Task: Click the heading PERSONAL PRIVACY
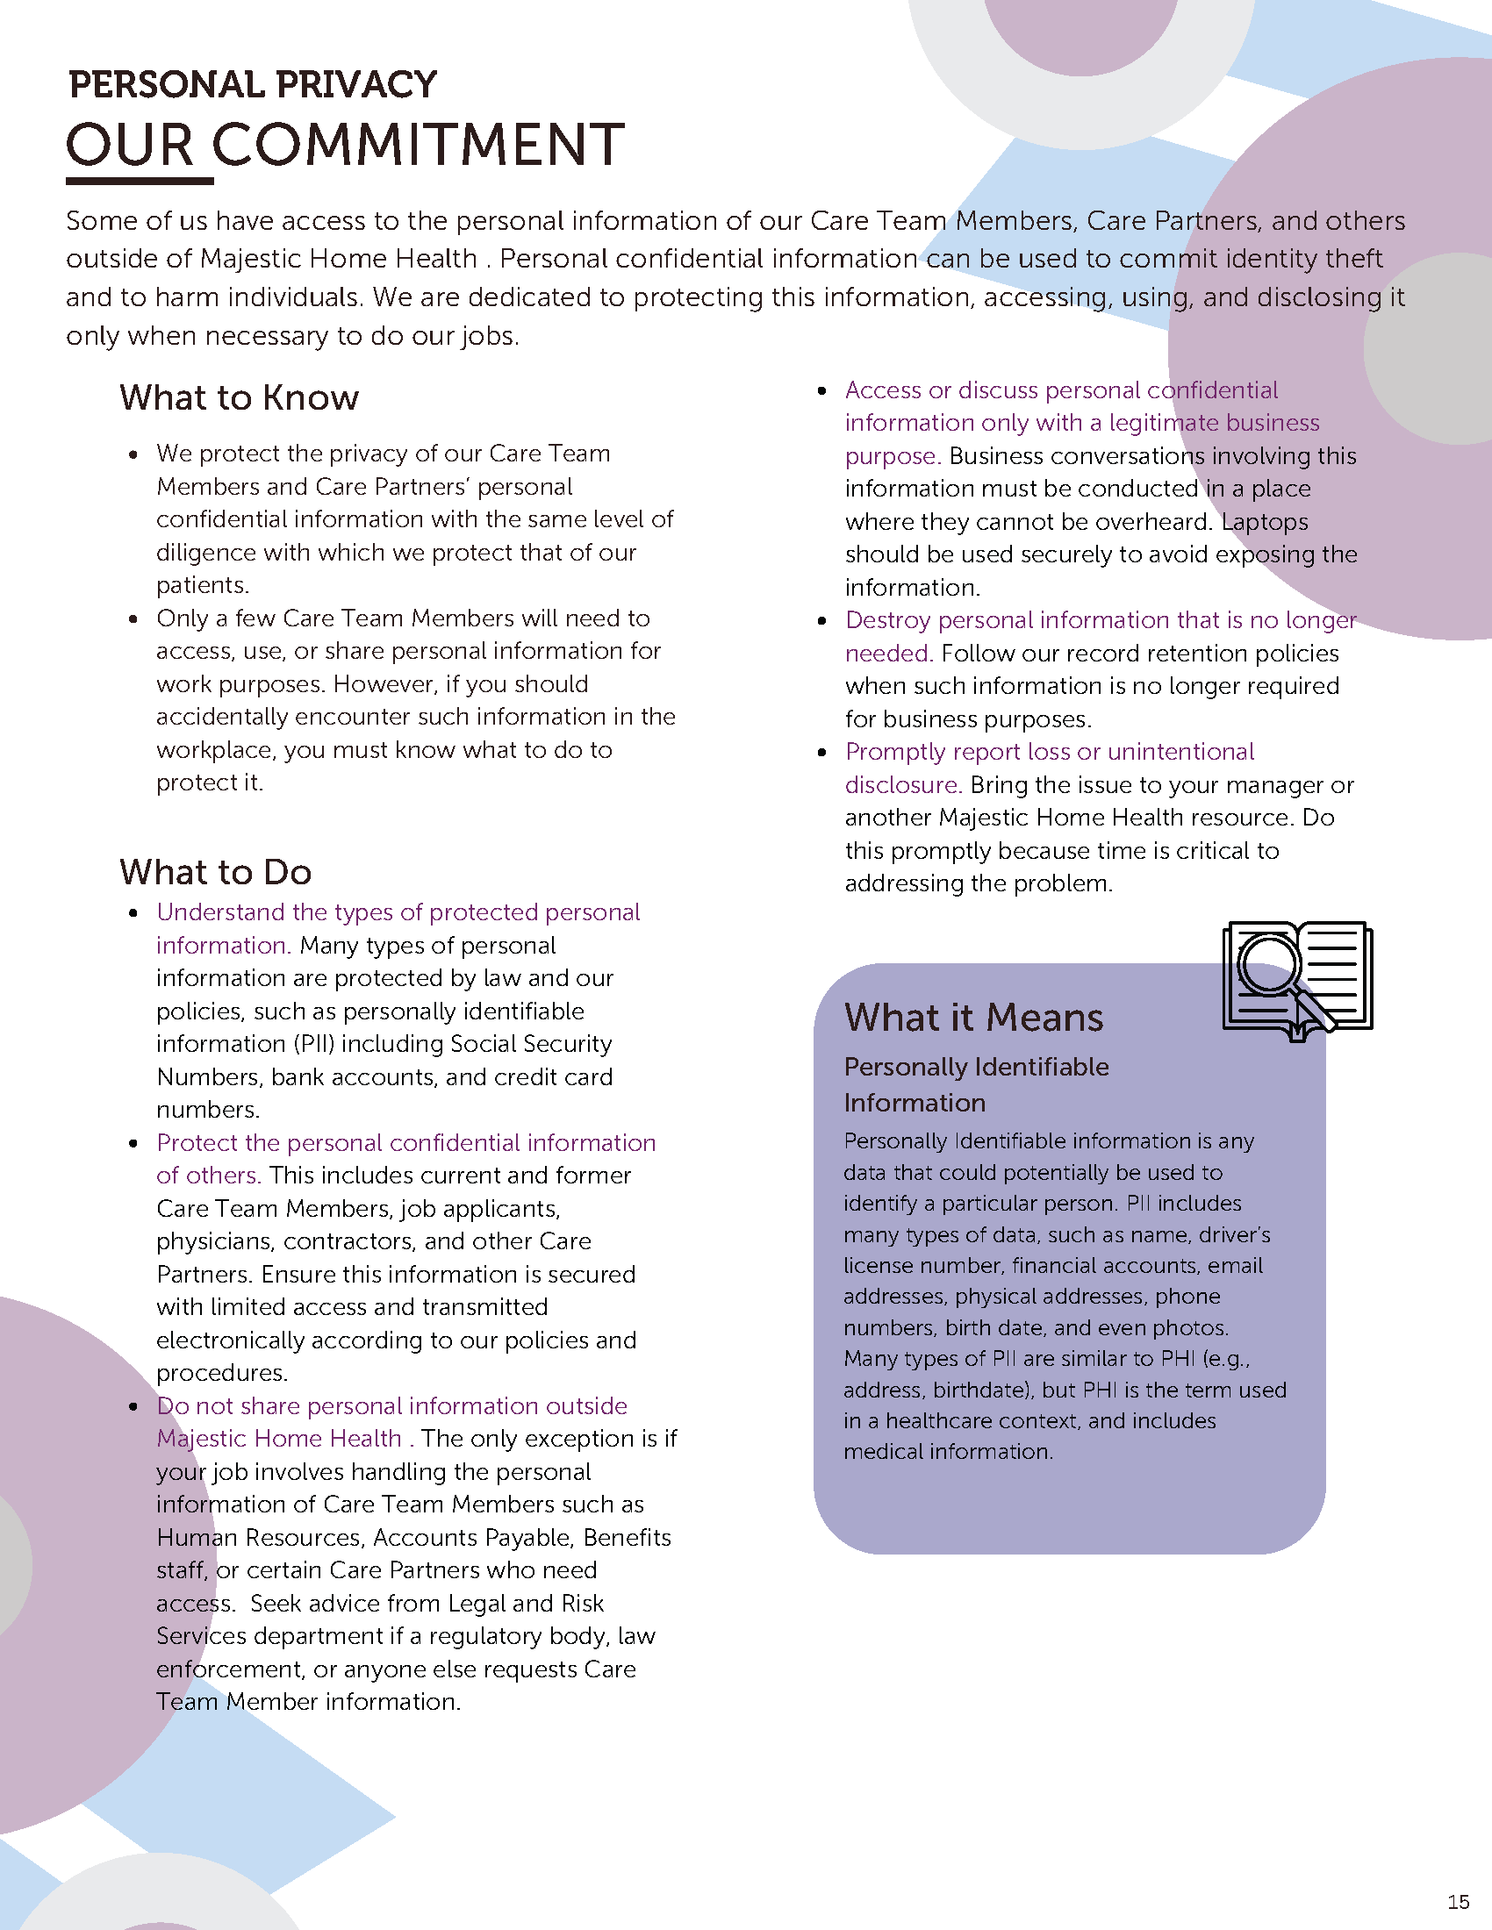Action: tap(253, 85)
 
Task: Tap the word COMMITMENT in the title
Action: tap(418, 145)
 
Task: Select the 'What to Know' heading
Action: tap(240, 397)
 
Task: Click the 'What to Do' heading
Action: tap(216, 872)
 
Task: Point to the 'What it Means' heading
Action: tap(973, 1017)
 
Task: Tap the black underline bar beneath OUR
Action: tap(140, 182)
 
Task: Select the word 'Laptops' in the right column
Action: tap(1264, 521)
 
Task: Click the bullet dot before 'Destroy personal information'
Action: tap(822, 621)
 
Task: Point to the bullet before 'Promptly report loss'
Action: tap(822, 753)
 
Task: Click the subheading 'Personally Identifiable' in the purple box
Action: tap(976, 1067)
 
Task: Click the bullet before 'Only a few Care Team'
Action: tap(133, 619)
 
